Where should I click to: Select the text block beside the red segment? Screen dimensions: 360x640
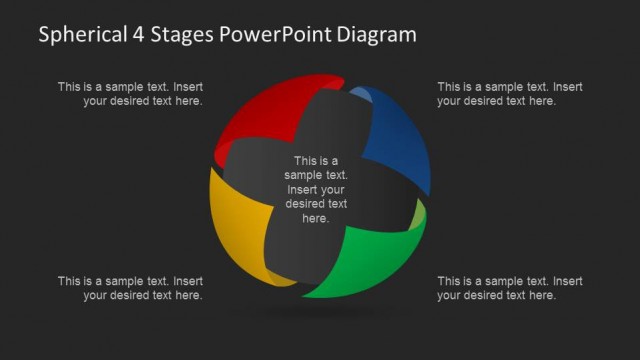click(130, 94)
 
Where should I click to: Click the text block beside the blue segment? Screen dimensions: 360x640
click(510, 94)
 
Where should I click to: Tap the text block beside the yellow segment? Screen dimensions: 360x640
click(130, 288)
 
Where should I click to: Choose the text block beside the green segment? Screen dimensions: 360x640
click(510, 288)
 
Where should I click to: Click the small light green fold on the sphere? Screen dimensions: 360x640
click(419, 214)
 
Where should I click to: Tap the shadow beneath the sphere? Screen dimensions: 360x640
click(318, 313)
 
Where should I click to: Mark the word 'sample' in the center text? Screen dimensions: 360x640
click(303, 175)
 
